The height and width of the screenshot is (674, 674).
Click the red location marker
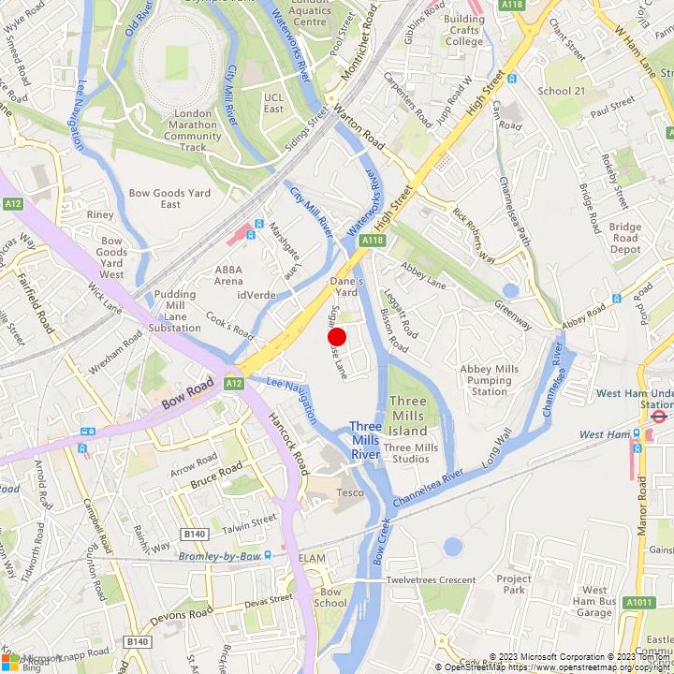[x=337, y=337]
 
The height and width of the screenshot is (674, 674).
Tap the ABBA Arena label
[x=228, y=275]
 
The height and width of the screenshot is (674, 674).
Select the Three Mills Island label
[x=407, y=416]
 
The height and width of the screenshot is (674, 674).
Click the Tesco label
[x=350, y=493]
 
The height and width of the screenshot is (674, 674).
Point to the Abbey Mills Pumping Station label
[x=489, y=380]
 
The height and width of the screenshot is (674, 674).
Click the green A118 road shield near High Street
[x=373, y=241]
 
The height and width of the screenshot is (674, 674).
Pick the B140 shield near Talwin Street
[x=195, y=534]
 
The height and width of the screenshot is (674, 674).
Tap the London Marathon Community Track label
[x=193, y=130]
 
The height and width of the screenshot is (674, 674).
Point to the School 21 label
[x=561, y=91]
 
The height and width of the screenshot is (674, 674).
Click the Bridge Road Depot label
[x=625, y=238]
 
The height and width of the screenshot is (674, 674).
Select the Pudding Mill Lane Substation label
[x=174, y=311]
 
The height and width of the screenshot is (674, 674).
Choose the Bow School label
[x=330, y=597]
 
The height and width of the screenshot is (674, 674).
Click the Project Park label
[x=514, y=584]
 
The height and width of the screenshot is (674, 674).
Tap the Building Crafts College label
[x=464, y=30]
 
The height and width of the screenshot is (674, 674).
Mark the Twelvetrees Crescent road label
[x=431, y=580]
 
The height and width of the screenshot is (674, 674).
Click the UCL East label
[x=273, y=103]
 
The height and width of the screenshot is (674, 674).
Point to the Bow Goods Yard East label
[x=169, y=198]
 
